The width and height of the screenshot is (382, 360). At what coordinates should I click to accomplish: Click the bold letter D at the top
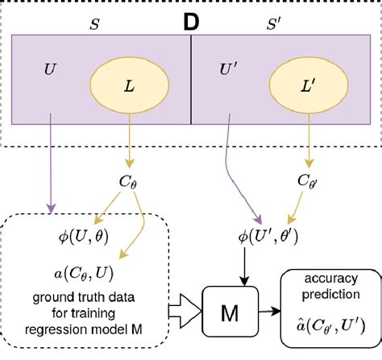(191, 22)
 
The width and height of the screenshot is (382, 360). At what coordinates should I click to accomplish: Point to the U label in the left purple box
(50, 69)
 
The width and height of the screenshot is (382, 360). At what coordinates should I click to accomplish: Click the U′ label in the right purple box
(229, 69)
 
